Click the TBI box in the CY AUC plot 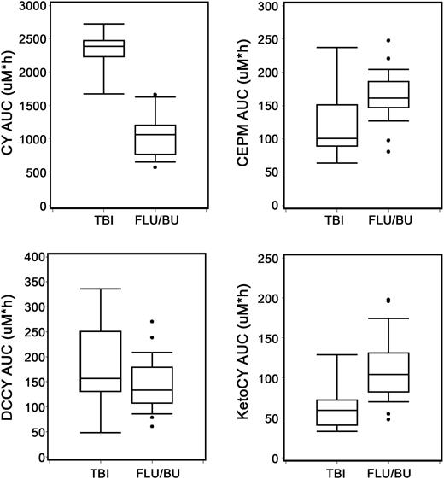point(102,49)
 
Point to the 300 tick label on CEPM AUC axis point(268,6)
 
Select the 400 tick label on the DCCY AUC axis point(33,257)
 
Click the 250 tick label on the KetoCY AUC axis point(268,258)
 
